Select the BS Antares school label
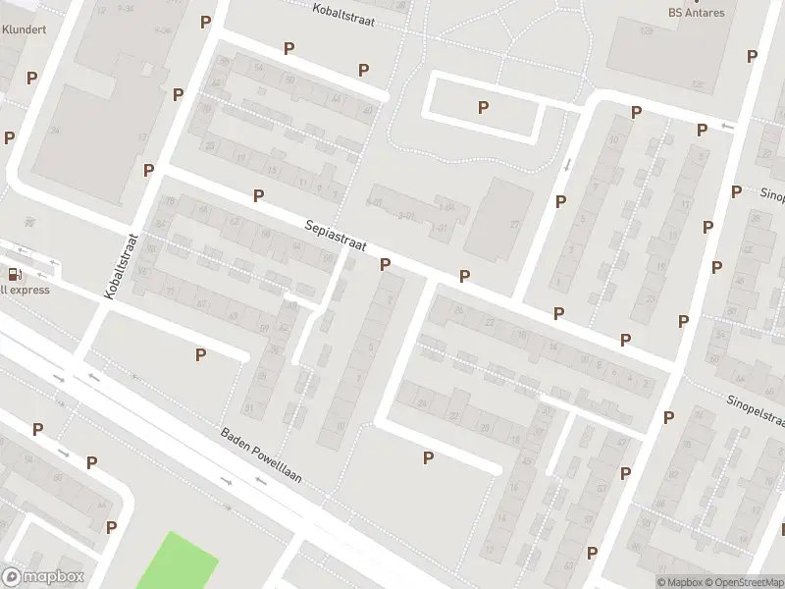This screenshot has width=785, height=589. point(696,13)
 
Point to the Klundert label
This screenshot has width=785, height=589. point(24,29)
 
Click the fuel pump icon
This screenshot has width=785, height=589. point(14,275)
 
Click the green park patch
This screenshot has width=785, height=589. point(177,562)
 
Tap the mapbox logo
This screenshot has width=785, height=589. point(43,577)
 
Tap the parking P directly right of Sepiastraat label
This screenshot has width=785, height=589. point(385,264)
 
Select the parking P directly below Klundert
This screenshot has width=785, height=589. point(31,78)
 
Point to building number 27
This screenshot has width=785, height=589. point(513,224)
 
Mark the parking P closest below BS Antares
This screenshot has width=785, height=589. point(751,57)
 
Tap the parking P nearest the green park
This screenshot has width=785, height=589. point(111,527)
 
